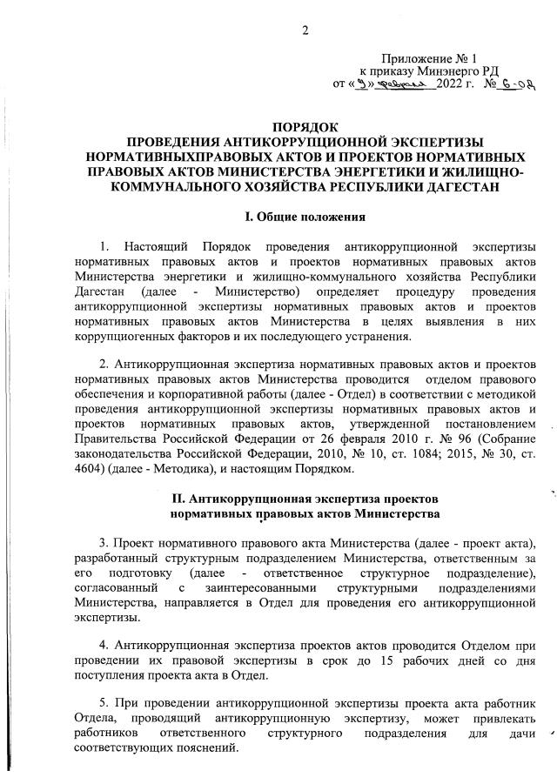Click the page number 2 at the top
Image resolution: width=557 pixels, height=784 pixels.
click(305, 33)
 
